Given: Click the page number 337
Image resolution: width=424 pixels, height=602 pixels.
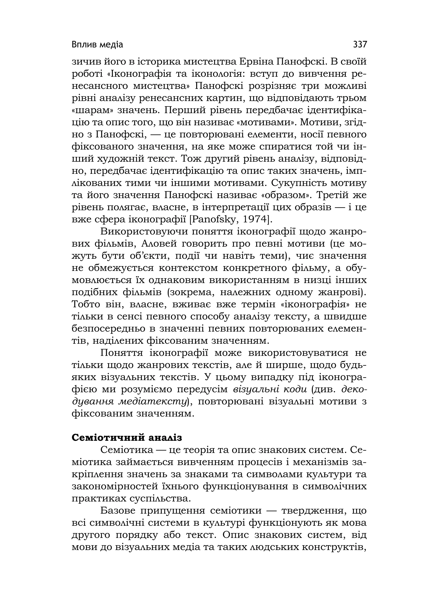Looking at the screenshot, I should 360,44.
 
